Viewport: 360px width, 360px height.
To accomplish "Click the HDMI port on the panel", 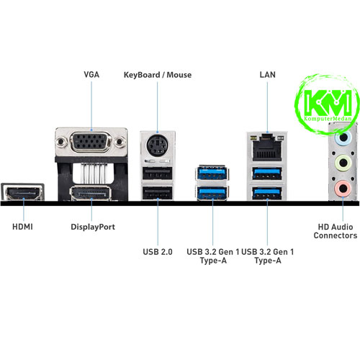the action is tap(22, 192).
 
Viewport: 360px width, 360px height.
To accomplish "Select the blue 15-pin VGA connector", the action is tap(91, 142).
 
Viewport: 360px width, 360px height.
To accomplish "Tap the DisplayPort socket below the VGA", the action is tap(91, 193).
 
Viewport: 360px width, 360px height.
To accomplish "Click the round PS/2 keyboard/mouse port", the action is tap(157, 145).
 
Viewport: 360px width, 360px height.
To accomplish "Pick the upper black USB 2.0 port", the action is tap(158, 173).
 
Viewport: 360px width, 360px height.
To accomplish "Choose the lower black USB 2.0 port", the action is tap(158, 193).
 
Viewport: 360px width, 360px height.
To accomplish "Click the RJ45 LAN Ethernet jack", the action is tap(267, 148).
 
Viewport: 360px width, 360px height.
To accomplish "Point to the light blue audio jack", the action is tap(343, 138).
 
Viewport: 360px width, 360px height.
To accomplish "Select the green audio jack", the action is tap(343, 163).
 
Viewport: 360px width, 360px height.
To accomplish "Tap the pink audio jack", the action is tap(343, 189).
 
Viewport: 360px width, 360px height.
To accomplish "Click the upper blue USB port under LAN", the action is tap(267, 174).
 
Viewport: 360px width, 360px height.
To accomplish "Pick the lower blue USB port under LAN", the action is tap(267, 193).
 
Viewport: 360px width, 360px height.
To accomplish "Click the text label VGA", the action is tap(91, 75).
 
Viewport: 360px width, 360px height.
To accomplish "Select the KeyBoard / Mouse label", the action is tap(158, 75).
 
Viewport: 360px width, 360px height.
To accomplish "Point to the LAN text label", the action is tap(267, 75).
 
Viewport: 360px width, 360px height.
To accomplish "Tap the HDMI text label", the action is tap(22, 227).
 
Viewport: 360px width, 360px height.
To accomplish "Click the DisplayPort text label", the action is tap(93, 227).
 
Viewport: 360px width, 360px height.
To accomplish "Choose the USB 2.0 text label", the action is tap(158, 252).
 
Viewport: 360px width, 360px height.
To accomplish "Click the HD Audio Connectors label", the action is tap(336, 231).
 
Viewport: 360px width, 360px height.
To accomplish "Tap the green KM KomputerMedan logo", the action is tap(328, 104).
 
